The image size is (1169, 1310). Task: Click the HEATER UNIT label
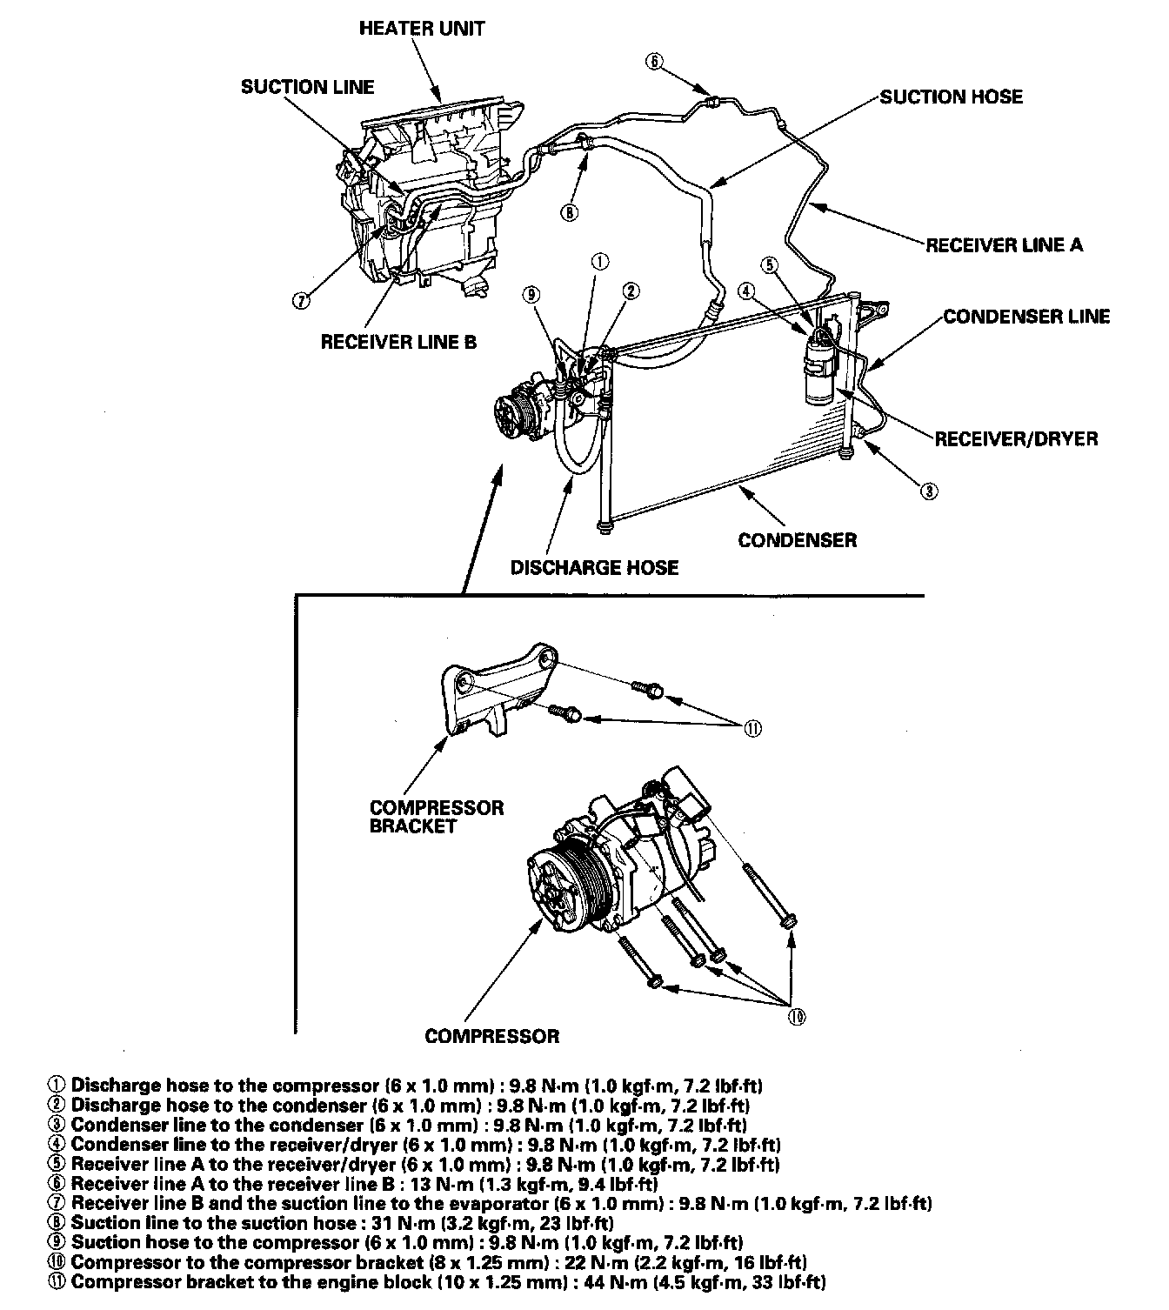[422, 29]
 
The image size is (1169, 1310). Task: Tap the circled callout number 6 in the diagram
[654, 61]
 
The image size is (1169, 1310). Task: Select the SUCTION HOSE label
[951, 97]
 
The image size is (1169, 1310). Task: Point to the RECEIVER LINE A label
[1004, 245]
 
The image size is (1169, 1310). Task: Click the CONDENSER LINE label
[1026, 317]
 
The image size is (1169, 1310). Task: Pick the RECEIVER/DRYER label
[1016, 438]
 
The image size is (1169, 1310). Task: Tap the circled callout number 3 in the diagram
[929, 491]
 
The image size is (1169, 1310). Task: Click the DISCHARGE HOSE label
[594, 568]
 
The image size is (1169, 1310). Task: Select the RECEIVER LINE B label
[398, 342]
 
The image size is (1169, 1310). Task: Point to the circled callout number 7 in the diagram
[300, 301]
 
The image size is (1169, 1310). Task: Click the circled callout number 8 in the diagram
[569, 211]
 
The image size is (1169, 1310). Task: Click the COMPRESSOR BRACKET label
[436, 816]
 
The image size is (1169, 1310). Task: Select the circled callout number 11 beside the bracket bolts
[752, 729]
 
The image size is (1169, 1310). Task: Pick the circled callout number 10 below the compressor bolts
[796, 1016]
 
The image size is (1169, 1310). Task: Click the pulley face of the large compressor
[558, 888]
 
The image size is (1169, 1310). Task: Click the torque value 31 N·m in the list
[392, 1223]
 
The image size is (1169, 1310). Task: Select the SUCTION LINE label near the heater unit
[307, 87]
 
